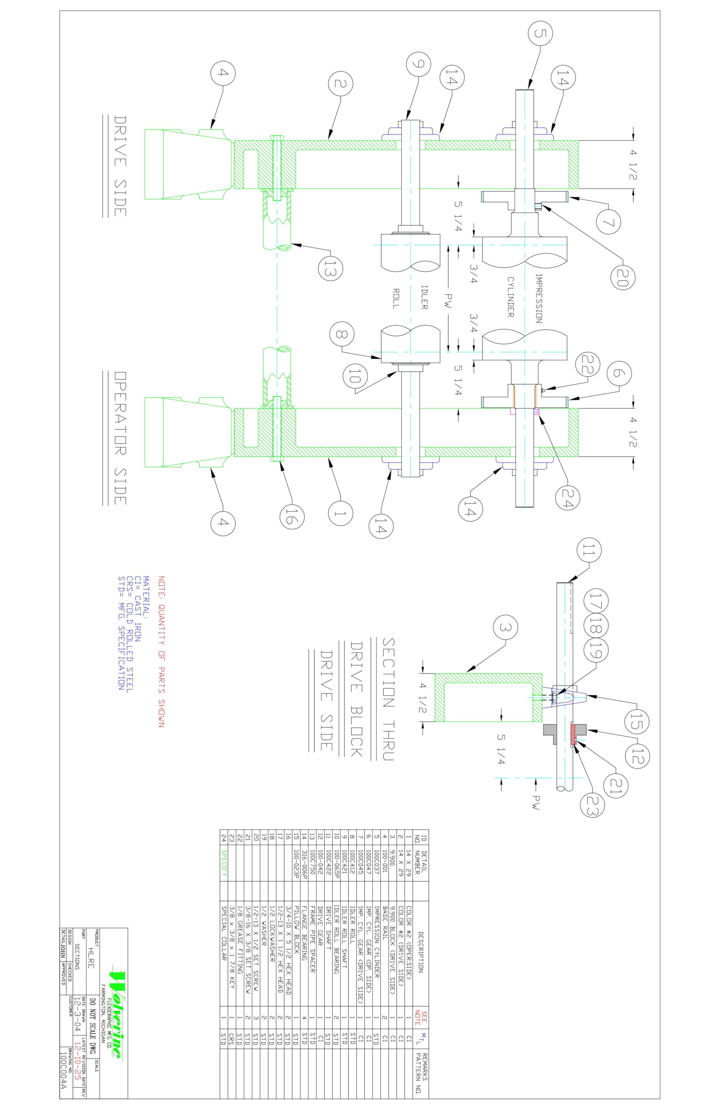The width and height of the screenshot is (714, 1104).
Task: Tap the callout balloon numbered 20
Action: coord(622,278)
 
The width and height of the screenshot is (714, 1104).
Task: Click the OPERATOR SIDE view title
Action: coord(119,438)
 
